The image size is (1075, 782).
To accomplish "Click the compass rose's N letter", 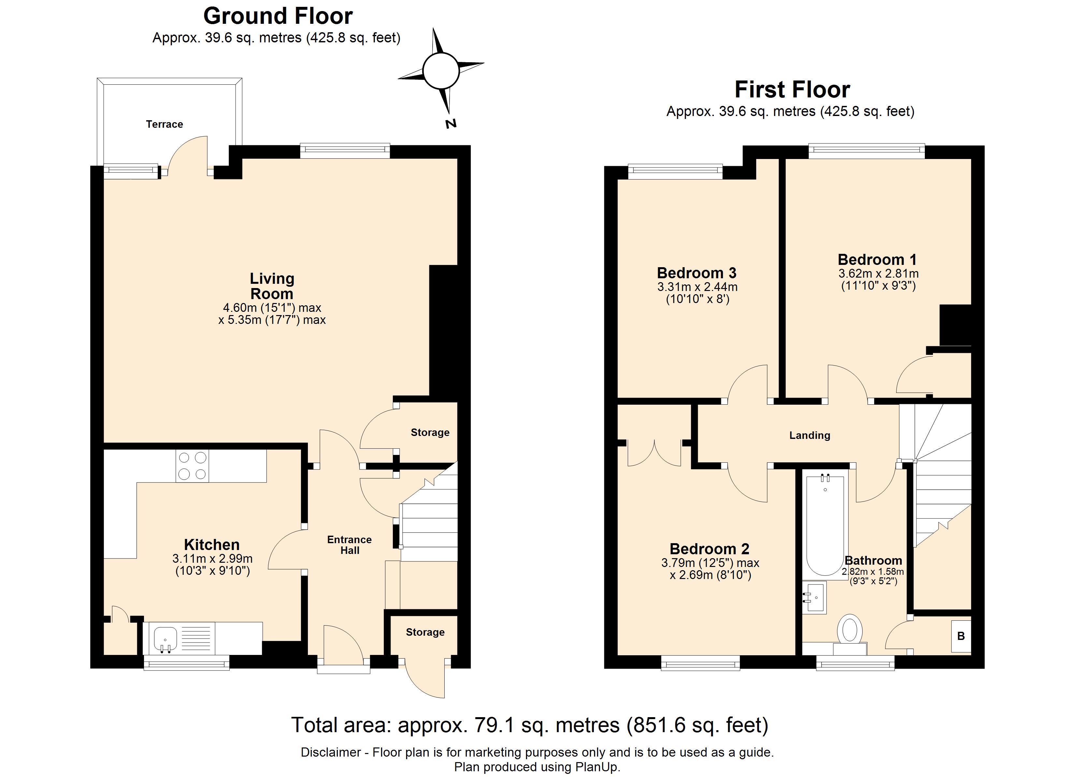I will [x=451, y=124].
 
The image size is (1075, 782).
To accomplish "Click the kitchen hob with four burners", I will [x=192, y=466].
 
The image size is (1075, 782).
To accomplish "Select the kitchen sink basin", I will [x=165, y=638].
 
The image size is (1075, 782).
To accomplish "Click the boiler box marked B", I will [x=961, y=636].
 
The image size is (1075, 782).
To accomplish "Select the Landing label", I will [x=809, y=435].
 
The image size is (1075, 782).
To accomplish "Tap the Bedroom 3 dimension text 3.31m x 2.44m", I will [x=697, y=287].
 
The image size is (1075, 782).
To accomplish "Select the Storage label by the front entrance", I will [x=425, y=632].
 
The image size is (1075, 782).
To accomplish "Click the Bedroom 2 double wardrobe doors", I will [x=654, y=453].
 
